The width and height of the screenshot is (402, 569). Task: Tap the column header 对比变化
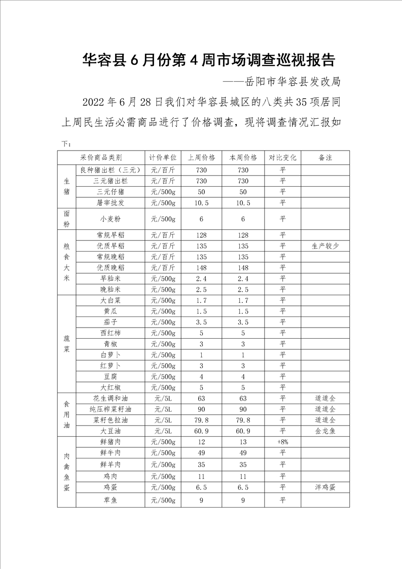[282, 157]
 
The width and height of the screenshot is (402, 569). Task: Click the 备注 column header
[325, 157]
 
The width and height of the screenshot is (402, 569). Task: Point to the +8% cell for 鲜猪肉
[282, 442]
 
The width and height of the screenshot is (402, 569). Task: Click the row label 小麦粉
[110, 219]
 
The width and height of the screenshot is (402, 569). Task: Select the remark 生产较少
[325, 246]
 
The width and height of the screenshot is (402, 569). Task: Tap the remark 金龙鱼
[325, 431]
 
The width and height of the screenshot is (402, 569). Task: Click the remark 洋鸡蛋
[325, 487]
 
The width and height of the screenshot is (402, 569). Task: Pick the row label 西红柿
[110, 333]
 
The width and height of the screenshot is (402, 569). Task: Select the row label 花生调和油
[110, 398]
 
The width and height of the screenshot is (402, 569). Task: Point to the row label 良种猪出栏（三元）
[110, 170]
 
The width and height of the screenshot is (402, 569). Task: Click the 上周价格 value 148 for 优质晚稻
[201, 268]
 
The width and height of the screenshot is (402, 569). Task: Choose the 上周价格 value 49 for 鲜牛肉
[201, 453]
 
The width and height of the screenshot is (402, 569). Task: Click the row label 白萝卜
[110, 355]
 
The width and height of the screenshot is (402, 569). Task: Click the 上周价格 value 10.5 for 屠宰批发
[201, 203]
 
